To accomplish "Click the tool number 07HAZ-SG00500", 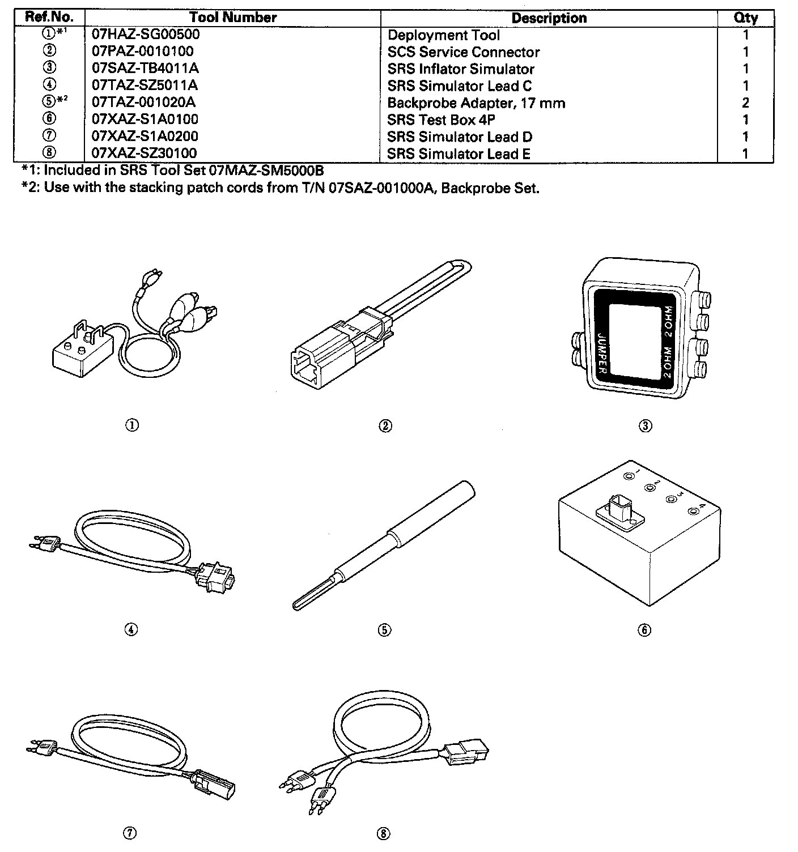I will (146, 35).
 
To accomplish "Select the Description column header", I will (549, 18).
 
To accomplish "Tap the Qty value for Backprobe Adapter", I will (745, 103).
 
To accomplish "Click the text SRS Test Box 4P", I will (441, 120).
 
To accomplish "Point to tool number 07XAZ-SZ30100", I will (145, 154).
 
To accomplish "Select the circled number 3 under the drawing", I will (645, 426).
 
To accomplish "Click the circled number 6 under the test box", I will (644, 630).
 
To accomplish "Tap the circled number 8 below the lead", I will (384, 833).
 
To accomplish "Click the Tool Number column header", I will (233, 18).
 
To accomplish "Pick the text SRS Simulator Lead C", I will (460, 86).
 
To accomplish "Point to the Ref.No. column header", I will (49, 18).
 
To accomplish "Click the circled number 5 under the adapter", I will (384, 630).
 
